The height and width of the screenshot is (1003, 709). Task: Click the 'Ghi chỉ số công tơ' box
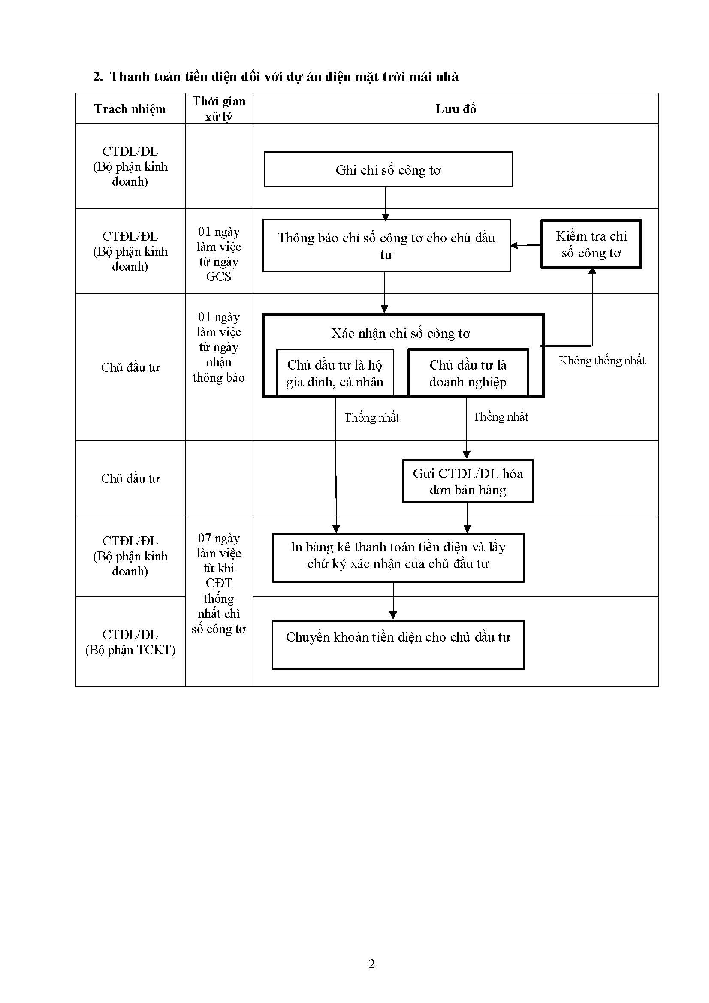388,169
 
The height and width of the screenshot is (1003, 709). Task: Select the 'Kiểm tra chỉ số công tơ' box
591,244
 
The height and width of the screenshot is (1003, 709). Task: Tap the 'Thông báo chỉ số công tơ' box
386,246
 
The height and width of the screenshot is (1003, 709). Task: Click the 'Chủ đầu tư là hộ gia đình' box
335,373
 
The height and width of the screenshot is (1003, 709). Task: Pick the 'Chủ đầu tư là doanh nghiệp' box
468,373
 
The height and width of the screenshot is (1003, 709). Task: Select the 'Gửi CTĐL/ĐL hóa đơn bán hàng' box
468,482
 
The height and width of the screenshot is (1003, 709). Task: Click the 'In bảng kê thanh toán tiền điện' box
398,557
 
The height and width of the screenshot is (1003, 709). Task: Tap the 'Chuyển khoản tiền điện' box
398,645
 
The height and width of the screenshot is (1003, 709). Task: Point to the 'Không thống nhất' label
601,360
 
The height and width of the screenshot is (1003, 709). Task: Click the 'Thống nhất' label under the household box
371,418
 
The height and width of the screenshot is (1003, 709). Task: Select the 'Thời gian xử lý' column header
219,109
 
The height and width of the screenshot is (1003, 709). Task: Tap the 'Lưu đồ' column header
456,109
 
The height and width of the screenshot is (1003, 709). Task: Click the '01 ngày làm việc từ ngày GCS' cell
219,253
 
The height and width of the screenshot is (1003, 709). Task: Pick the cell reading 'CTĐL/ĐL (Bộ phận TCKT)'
130,642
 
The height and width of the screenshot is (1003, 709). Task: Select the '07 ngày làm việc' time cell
219,583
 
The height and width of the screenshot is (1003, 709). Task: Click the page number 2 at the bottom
372,964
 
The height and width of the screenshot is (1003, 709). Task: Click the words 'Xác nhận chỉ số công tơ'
400,334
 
